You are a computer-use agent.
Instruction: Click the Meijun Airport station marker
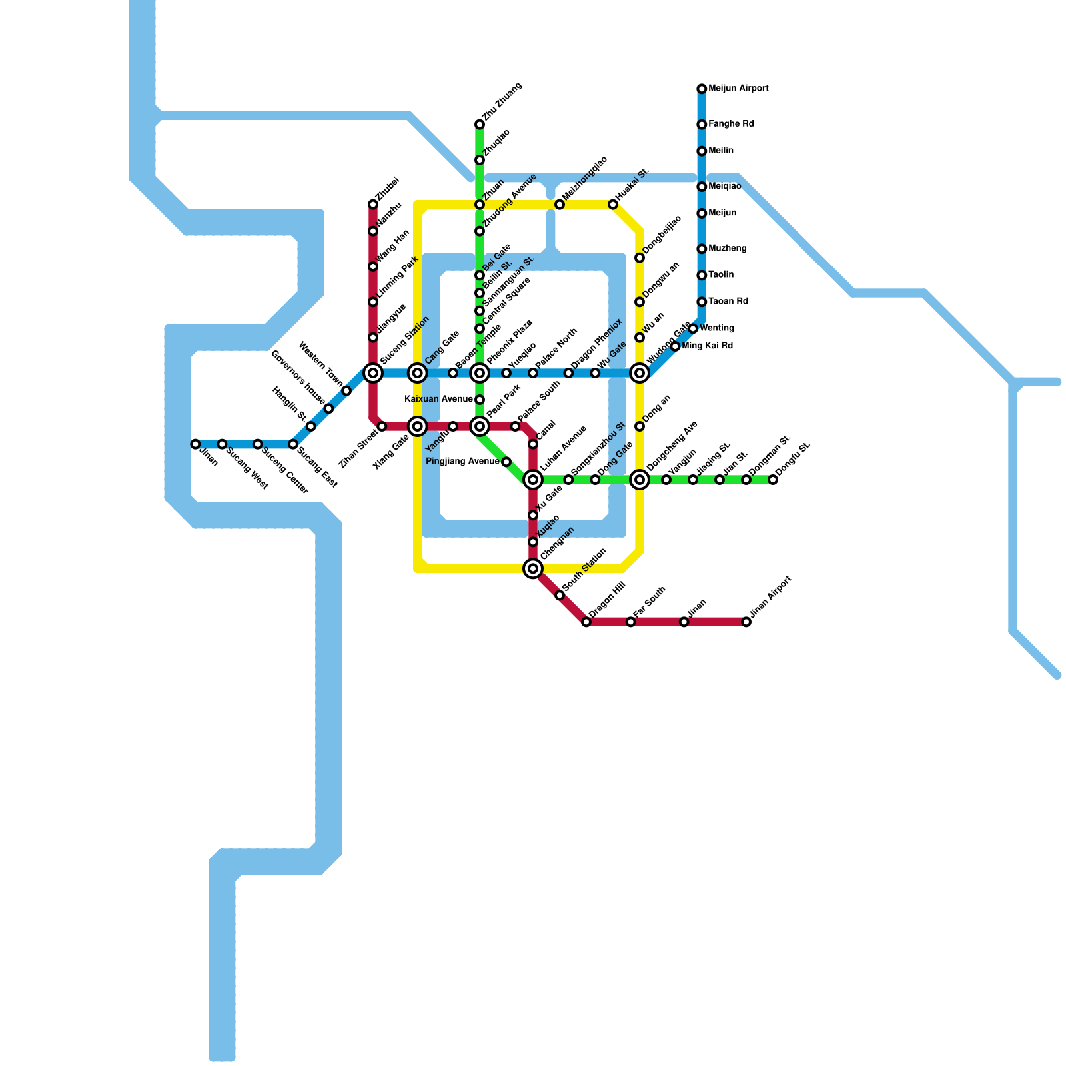[702, 89]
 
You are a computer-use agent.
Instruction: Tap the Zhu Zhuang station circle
[480, 125]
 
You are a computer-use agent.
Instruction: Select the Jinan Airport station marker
[746, 622]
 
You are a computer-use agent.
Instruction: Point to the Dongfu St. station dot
[773, 480]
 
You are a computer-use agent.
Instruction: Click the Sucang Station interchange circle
[373, 373]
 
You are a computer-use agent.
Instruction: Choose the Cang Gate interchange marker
[418, 373]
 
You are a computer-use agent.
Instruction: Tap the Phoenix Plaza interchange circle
[480, 373]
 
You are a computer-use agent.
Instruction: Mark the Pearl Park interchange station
[480, 426]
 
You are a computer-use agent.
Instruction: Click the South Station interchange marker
[533, 568]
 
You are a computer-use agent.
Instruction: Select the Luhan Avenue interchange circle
[533, 480]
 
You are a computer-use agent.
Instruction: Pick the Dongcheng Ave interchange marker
[640, 480]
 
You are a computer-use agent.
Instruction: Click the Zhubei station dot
[373, 205]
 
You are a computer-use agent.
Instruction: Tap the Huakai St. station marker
[613, 205]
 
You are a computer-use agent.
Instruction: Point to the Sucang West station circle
[222, 444]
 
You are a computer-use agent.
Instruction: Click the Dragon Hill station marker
[586, 622]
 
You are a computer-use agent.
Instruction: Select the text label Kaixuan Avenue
[438, 400]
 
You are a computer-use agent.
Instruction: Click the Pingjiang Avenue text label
[462, 462]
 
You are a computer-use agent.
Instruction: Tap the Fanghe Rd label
[731, 125]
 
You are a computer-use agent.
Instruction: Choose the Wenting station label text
[717, 328]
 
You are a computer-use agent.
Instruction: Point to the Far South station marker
[631, 622]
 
